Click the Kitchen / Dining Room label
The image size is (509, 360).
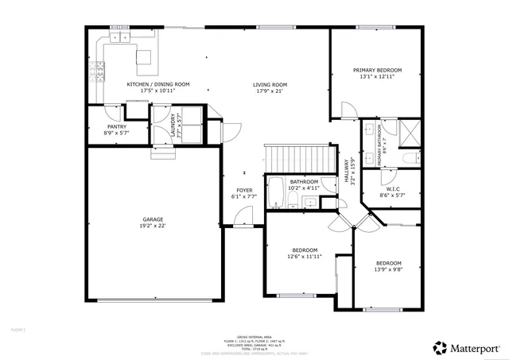[158, 84]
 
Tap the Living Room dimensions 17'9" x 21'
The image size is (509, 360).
[270, 91]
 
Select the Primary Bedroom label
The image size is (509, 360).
[377, 71]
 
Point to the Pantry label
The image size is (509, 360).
[117, 126]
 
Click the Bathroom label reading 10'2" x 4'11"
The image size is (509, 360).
[304, 182]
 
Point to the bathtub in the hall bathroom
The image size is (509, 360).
[274, 193]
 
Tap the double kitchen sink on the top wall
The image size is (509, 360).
[120, 37]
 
